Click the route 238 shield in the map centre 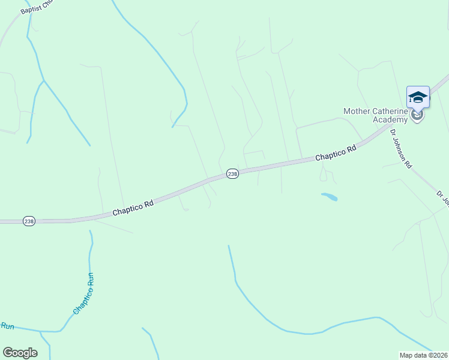click(x=233, y=173)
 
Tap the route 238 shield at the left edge click(x=29, y=221)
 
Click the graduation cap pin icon click(x=418, y=97)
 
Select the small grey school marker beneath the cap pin click(x=418, y=116)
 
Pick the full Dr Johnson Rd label click(x=401, y=148)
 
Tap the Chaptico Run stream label click(x=83, y=293)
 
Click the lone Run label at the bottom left click(x=7, y=326)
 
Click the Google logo click(x=20, y=353)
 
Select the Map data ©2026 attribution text click(x=424, y=355)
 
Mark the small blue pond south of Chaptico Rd click(x=329, y=196)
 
